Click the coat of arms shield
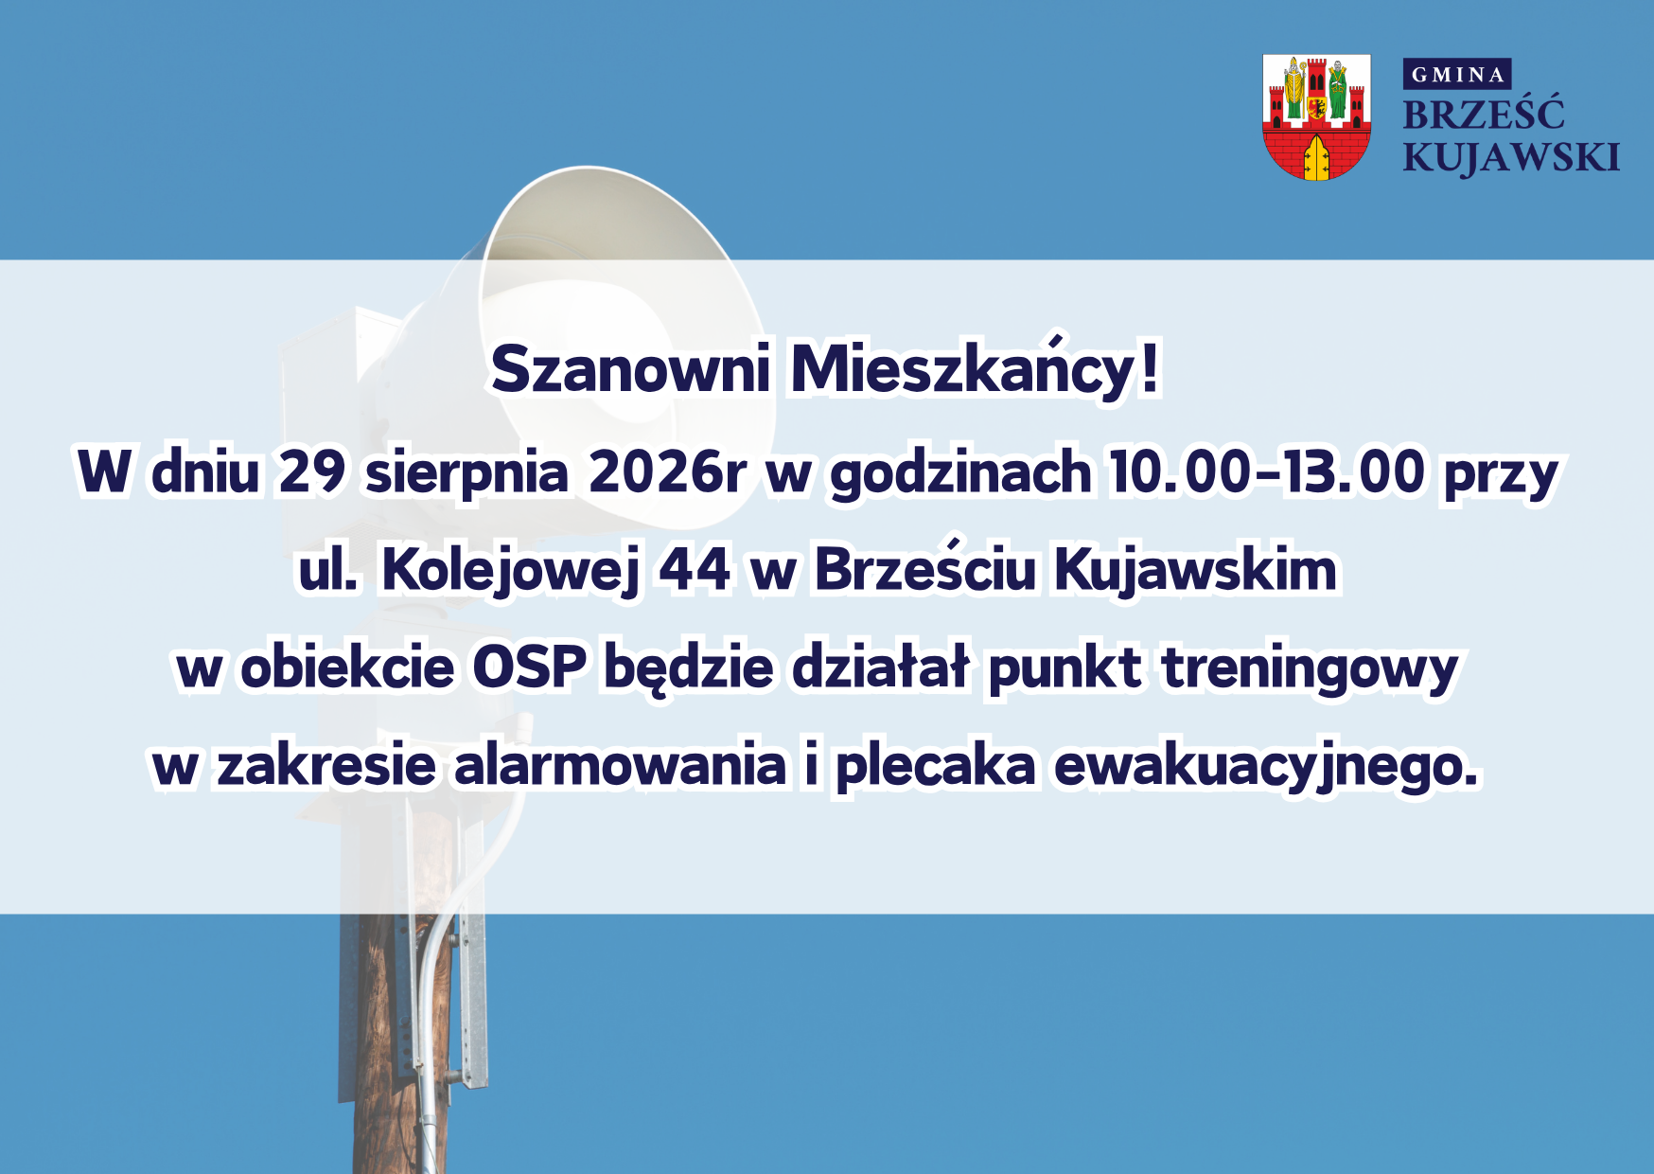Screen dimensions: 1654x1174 pos(1316,117)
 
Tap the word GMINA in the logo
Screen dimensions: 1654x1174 pos(1457,75)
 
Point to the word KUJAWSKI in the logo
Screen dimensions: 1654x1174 pos(1511,157)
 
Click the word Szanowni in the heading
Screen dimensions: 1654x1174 pos(631,368)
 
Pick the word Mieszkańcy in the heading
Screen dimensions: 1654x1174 pos(961,368)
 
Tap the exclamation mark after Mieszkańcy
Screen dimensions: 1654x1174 pos(1149,368)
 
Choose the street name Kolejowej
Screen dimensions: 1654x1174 pos(511,571)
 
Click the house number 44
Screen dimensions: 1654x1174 pos(695,570)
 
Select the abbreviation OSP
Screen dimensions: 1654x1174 pos(530,667)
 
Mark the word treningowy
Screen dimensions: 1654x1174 pos(1310,669)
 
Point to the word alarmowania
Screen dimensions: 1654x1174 pos(621,765)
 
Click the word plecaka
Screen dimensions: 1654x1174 pos(935,767)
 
